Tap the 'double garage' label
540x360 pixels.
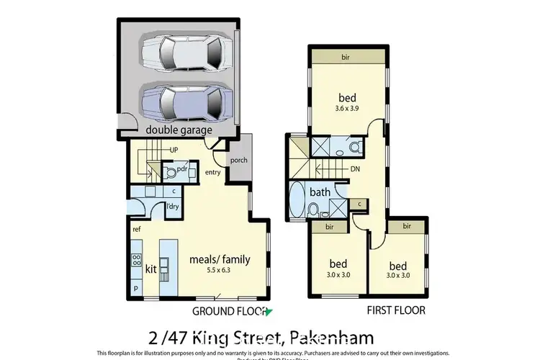[x=179, y=130]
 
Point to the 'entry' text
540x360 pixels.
[x=213, y=172]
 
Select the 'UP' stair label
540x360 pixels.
[x=174, y=150]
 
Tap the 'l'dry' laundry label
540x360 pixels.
[x=172, y=207]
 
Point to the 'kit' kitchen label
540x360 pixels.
[x=151, y=269]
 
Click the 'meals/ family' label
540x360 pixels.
[x=219, y=258]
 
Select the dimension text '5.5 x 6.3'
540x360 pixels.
[x=220, y=271]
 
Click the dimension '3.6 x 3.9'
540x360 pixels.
[x=348, y=109]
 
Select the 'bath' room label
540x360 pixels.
[x=320, y=192]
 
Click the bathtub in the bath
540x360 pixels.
[x=296, y=199]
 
